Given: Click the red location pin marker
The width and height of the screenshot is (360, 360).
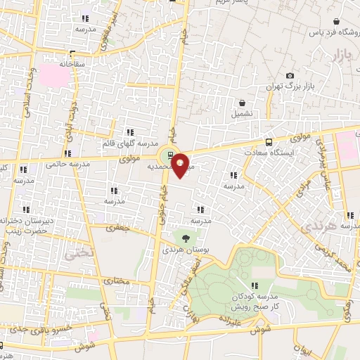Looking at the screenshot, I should [181, 165].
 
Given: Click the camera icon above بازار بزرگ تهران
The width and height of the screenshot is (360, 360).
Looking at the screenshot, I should [290, 76].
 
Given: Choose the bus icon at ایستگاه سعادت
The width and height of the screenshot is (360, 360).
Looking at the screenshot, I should [269, 141].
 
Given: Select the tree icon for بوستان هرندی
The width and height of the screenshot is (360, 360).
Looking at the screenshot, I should [186, 239].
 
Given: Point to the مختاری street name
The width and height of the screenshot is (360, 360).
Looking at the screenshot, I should [117, 281].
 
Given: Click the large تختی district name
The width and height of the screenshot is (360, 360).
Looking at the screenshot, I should [77, 249].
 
